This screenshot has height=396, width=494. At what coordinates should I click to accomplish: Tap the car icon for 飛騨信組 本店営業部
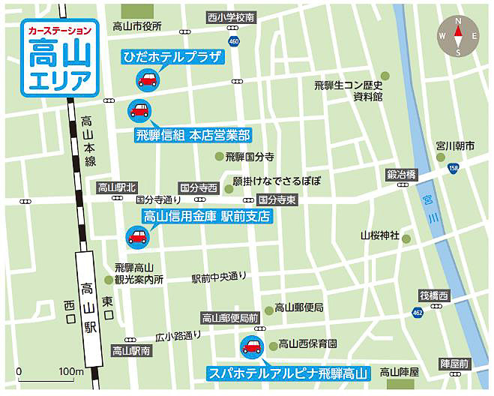coord(139,110)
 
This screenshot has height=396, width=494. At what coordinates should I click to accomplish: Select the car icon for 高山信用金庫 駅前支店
coord(137,237)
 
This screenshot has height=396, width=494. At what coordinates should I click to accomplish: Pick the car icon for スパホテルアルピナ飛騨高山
coord(250,346)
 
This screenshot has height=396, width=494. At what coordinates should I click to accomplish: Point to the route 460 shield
coord(235,40)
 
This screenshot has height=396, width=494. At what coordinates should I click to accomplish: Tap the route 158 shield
coord(452,168)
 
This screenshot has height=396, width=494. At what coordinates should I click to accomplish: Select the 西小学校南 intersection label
coord(231,16)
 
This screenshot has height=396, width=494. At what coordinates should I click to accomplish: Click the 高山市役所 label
coord(137,26)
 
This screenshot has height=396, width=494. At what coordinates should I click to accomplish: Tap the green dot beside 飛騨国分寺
coord(220,157)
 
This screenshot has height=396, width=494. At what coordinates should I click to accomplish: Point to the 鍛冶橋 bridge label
coord(402,173)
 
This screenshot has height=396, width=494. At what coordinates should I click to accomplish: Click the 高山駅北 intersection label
coord(118,187)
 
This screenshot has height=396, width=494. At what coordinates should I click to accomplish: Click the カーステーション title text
coord(60,31)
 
